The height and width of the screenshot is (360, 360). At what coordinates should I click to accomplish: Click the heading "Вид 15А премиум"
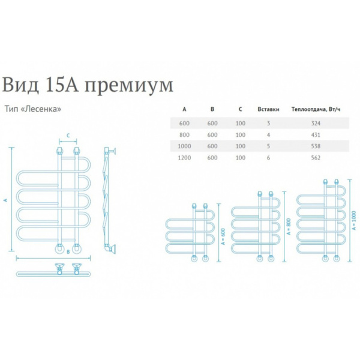[x=88, y=85]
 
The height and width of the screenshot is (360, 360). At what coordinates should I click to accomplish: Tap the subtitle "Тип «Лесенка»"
[x=33, y=109]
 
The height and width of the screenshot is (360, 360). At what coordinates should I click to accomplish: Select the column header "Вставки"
[x=268, y=109]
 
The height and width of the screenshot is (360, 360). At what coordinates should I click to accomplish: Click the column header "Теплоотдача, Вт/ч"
[x=316, y=109]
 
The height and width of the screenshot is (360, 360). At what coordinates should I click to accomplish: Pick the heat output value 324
[x=316, y=123]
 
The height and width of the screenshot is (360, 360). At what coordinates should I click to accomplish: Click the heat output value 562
[x=316, y=158]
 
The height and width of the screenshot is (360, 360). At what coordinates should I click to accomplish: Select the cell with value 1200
[x=184, y=158]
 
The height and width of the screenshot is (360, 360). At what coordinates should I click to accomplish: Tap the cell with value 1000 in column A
[x=184, y=146]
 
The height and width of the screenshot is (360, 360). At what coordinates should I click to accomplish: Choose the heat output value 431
[x=316, y=135]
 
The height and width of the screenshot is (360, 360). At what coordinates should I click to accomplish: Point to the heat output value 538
[x=316, y=146]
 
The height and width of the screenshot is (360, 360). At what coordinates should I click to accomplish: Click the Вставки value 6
[x=268, y=158]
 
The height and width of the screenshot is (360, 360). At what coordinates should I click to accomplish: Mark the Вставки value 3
[x=268, y=123]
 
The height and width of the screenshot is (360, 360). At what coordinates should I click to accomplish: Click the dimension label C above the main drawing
[x=68, y=136]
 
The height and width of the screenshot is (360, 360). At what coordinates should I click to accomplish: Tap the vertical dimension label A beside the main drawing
[x=6, y=200]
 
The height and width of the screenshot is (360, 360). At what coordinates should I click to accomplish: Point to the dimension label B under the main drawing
[x=68, y=252]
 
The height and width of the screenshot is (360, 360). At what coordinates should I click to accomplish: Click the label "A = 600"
[x=224, y=236]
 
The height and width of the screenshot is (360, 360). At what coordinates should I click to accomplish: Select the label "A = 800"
[x=289, y=226]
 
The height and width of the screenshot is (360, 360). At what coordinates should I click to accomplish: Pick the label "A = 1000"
[x=354, y=221]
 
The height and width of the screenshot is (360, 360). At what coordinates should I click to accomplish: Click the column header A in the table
[x=184, y=109]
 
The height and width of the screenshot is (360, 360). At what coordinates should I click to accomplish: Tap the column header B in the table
[x=212, y=109]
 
